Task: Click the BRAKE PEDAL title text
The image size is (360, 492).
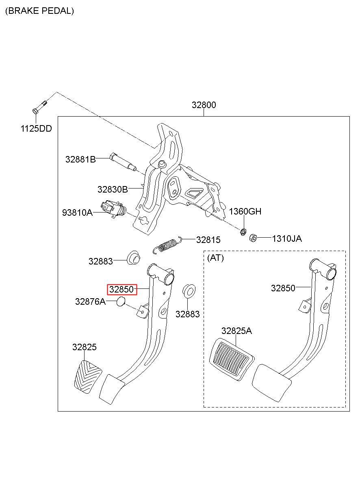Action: [x=39, y=11]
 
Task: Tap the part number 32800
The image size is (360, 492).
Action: [x=204, y=105]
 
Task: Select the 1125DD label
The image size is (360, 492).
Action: [x=36, y=129]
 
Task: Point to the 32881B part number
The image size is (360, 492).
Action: [x=80, y=159]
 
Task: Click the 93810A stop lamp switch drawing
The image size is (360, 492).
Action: [x=113, y=209]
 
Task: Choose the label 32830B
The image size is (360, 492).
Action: [x=113, y=189]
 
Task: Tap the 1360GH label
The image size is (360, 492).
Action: [x=245, y=212]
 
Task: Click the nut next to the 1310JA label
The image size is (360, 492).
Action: [x=253, y=238]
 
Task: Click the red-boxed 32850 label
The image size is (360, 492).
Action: [x=122, y=290]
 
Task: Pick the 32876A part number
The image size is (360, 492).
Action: [x=90, y=302]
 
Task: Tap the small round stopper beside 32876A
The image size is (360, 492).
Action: [x=121, y=301]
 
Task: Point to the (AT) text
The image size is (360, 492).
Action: [x=215, y=258]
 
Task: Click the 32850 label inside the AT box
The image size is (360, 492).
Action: [x=283, y=288]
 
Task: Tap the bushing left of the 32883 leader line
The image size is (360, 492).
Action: [x=134, y=258]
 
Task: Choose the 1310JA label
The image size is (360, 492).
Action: [x=287, y=238]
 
